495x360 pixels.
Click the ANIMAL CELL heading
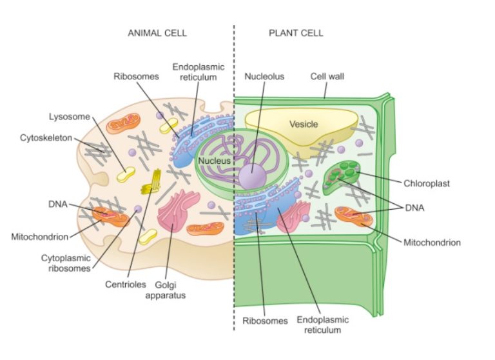click(x=157, y=33)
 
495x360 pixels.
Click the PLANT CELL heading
click(x=296, y=33)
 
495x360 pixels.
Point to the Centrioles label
click(x=122, y=283)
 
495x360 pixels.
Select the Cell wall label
click(x=327, y=76)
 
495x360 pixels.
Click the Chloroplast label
click(x=426, y=183)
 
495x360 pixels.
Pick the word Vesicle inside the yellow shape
click(x=304, y=124)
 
